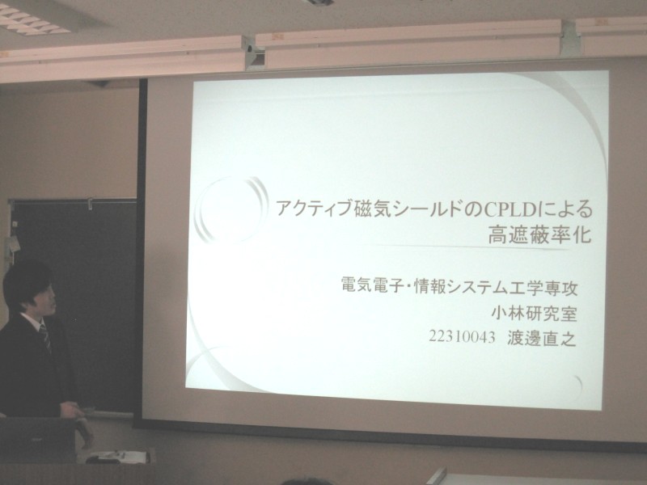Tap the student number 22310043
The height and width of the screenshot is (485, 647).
[x=462, y=337]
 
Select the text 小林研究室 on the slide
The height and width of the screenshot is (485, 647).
[x=534, y=314]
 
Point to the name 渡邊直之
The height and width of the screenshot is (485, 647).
[x=541, y=338]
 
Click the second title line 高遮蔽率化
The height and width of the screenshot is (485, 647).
[x=539, y=235]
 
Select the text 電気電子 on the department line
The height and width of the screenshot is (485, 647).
[x=371, y=285]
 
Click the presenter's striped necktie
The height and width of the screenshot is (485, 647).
[x=45, y=338]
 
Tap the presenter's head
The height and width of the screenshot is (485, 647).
[x=29, y=289]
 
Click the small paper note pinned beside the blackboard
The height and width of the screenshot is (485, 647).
[x=13, y=244]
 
